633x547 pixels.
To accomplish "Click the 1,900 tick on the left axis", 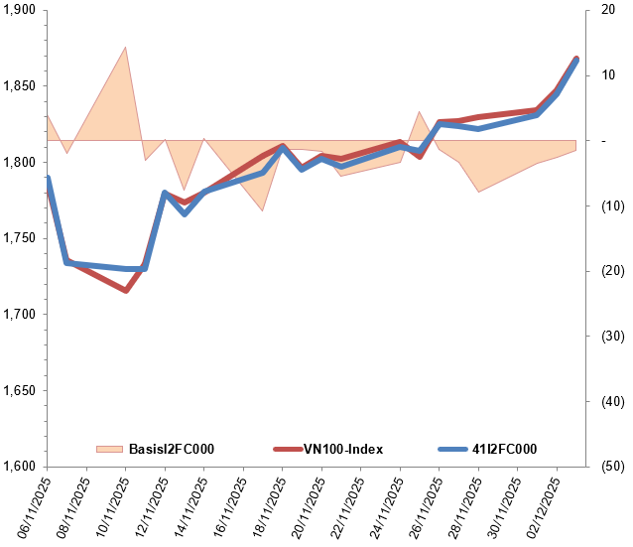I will click(19, 10).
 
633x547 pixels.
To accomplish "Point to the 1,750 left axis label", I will click(19, 238).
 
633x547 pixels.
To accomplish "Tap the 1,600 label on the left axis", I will click(19, 466).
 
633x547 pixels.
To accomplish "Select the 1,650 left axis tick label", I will click(19, 390).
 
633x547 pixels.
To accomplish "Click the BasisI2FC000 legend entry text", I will click(172, 449).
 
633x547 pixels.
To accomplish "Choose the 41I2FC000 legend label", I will click(504, 449).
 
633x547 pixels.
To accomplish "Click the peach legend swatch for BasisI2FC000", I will click(110, 449).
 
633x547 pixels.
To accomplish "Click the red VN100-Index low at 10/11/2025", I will click(126, 291).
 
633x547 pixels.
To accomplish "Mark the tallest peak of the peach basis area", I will click(125, 48).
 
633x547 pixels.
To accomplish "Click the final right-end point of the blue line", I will click(576, 61).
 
